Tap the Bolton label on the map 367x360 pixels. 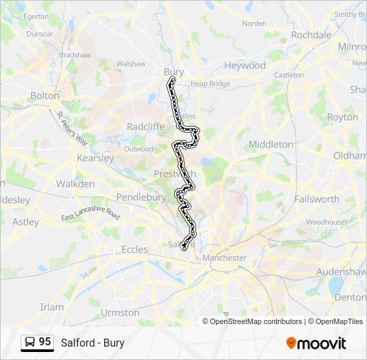(45, 95)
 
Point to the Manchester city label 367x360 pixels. (225, 257)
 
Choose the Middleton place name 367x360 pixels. (270, 144)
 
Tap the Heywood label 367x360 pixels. (244, 65)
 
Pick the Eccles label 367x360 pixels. (134, 249)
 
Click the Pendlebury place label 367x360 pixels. (141, 197)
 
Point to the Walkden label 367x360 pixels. (75, 183)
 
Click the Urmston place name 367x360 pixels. (120, 312)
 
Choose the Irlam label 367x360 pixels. (51, 307)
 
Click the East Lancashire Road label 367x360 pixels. (90, 217)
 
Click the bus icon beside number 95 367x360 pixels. (30, 343)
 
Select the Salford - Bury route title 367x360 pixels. (92, 343)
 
